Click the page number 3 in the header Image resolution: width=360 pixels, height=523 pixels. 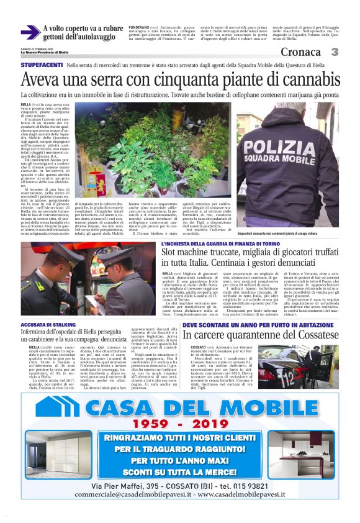(335, 52)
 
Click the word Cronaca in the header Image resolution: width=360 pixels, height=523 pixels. (300, 52)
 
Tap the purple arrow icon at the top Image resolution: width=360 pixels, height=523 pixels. (30, 32)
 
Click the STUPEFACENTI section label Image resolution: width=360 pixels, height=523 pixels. (42, 65)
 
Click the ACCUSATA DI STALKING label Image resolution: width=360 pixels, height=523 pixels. (47, 325)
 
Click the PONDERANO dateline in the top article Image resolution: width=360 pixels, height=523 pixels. (138, 28)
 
